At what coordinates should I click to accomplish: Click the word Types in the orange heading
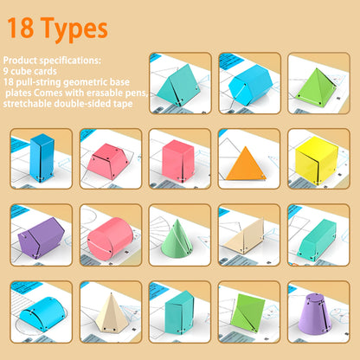coord(74,29)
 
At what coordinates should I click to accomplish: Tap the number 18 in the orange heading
coord(25,29)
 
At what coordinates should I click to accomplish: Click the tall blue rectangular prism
coord(41,159)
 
